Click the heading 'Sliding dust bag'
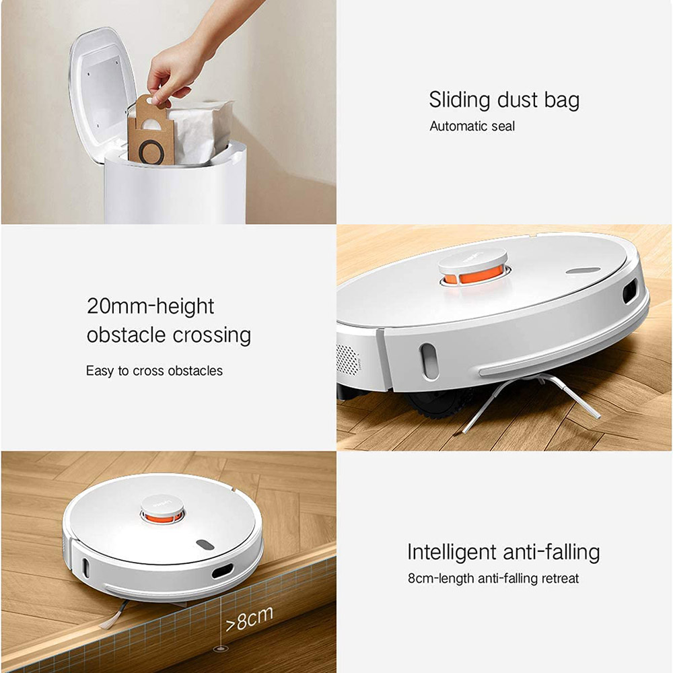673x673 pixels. (504, 100)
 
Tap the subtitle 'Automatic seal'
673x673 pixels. (472, 127)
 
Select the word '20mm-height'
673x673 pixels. (150, 306)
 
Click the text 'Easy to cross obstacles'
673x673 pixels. (154, 371)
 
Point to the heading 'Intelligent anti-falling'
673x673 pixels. (503, 553)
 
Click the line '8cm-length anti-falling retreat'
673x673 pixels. (493, 579)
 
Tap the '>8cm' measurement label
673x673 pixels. (250, 620)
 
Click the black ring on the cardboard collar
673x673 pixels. (151, 152)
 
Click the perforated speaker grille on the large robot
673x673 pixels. (348, 359)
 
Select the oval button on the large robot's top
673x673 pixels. (583, 271)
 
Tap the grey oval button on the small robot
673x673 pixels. (205, 544)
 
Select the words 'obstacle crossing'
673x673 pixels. (169, 335)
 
